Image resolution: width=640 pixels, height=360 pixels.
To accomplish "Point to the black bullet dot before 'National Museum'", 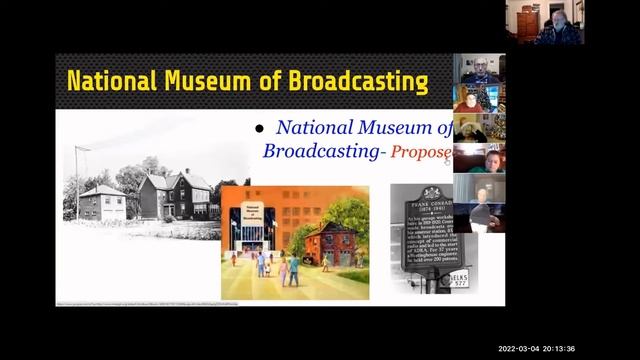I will (258, 129).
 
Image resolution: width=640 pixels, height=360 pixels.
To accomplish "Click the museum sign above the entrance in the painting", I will (243, 216).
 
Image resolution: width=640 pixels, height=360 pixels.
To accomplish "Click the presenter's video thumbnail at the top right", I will (544, 22).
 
